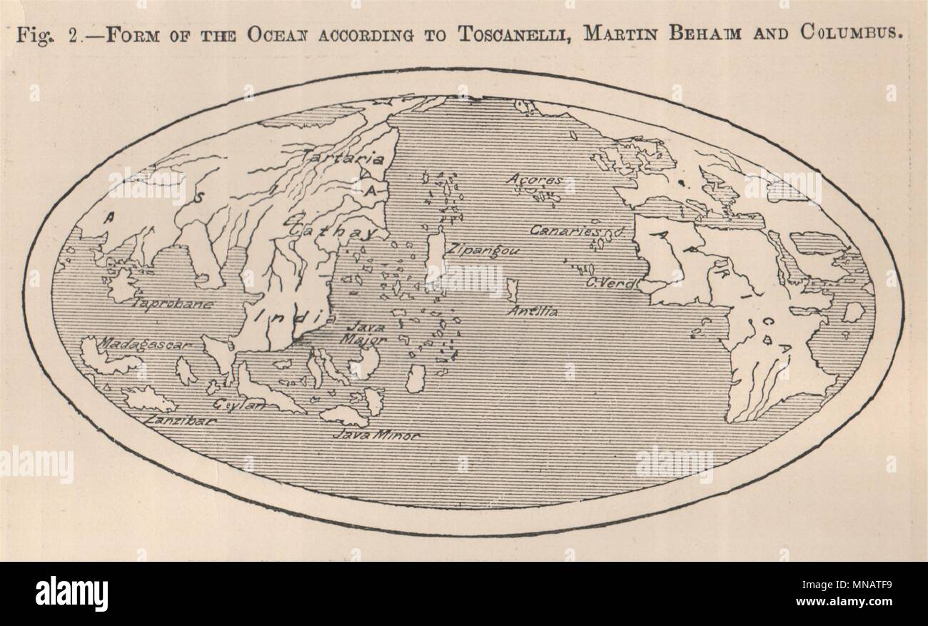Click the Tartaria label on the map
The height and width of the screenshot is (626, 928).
click(x=333, y=158)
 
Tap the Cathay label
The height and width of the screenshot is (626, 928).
click(x=330, y=232)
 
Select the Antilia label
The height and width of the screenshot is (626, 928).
click(x=533, y=311)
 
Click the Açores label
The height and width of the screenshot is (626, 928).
click(x=535, y=180)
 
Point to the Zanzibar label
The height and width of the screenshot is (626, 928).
click(x=181, y=421)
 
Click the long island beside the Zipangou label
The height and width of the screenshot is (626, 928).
click(x=435, y=256)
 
